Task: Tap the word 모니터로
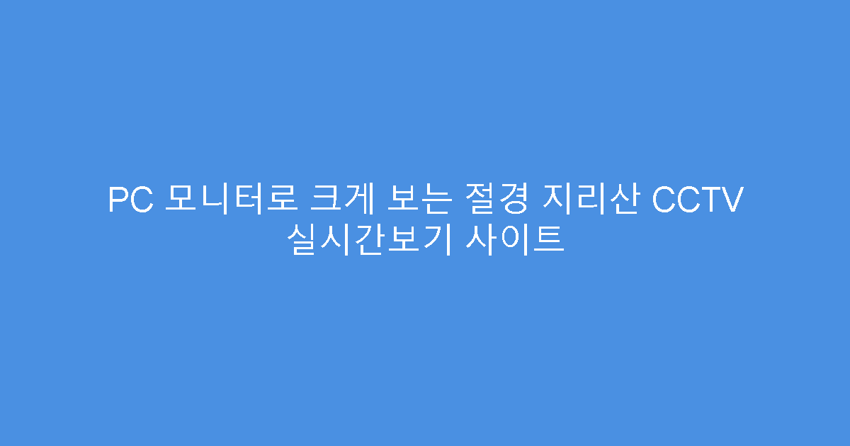[x=230, y=200]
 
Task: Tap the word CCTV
[x=697, y=200]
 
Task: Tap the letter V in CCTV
[x=732, y=200]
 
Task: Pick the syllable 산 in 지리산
[x=622, y=200]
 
